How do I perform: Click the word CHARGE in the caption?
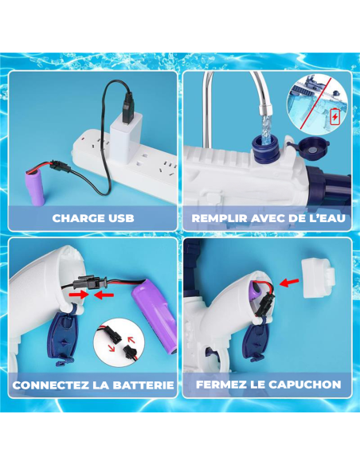point(77,217)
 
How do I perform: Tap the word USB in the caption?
point(119,217)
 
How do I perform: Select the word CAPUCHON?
point(305,385)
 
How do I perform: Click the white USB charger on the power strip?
point(124,127)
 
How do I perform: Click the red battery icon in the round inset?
point(335,116)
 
